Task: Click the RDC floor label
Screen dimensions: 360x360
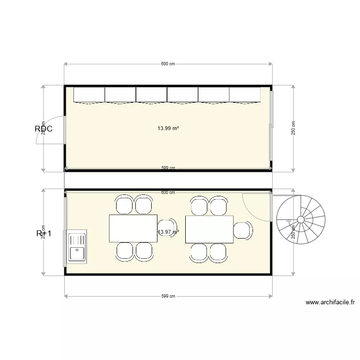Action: click(x=43, y=129)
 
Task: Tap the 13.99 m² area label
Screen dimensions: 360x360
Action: click(x=168, y=128)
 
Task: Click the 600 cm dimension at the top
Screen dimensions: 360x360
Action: click(x=168, y=64)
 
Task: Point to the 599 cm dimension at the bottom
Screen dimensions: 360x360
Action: click(x=168, y=296)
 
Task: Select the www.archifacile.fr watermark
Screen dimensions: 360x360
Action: click(x=330, y=302)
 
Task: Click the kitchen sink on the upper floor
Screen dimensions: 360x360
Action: click(x=77, y=246)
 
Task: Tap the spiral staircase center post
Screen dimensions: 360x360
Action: click(x=300, y=220)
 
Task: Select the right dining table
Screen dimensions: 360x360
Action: click(x=209, y=229)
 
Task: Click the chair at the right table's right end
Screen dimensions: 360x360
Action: click(x=243, y=230)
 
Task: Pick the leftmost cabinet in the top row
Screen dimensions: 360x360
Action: click(x=89, y=95)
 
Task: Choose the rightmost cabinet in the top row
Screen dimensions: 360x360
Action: click(x=245, y=95)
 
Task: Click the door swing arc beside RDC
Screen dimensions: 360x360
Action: click(x=52, y=130)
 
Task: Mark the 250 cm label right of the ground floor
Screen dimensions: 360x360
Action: click(x=293, y=128)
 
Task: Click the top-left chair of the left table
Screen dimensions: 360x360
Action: click(x=124, y=205)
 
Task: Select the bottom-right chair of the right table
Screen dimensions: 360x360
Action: click(x=218, y=252)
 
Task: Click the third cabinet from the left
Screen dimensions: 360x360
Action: click(x=152, y=95)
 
